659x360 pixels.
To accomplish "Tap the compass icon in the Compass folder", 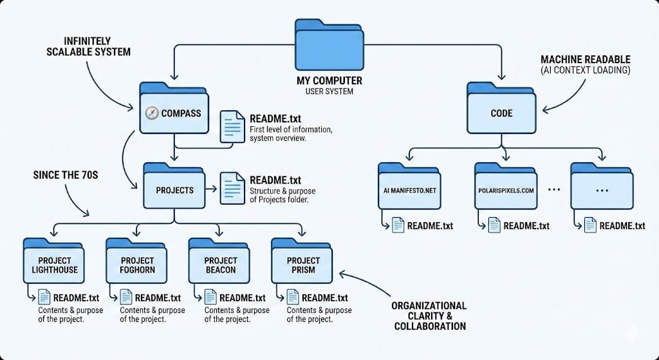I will click(x=152, y=113).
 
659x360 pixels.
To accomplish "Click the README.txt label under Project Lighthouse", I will click(x=77, y=298).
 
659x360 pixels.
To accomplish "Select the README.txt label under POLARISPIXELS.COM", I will click(x=526, y=225).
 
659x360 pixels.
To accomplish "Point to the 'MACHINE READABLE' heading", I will click(x=585, y=60).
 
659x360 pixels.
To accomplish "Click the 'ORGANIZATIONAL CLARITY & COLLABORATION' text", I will click(x=429, y=316).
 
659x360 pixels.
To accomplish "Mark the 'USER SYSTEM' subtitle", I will click(x=329, y=91).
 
